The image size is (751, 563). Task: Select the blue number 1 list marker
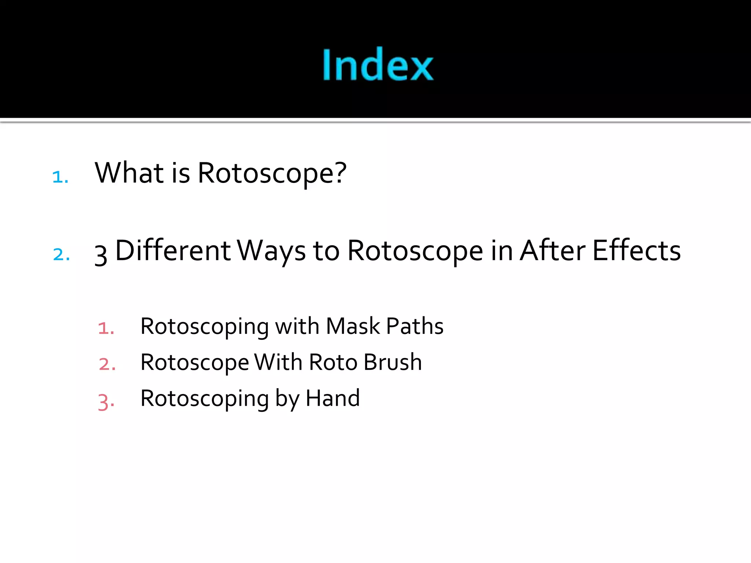[60, 177]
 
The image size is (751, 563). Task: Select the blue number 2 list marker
[61, 254]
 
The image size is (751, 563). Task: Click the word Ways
[271, 251]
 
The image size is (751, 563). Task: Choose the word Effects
[637, 251]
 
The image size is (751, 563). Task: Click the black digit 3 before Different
[101, 254]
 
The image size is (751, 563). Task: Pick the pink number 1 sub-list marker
[106, 328]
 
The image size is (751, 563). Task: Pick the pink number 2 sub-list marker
[107, 364]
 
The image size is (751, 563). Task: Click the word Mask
[353, 326]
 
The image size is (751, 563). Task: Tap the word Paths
[415, 326]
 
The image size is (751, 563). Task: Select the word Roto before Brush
[333, 362]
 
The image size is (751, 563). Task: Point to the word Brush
[393, 362]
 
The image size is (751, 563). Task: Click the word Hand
[333, 398]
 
